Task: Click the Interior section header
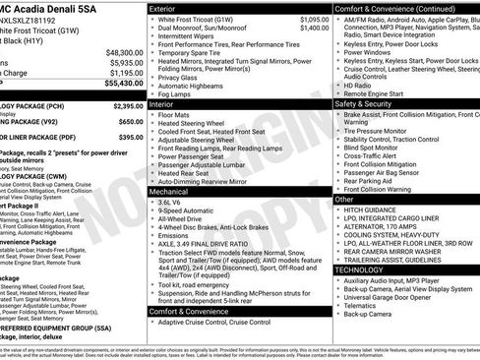pyautogui.click(x=160, y=102)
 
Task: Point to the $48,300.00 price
pyautogui.click(x=125, y=52)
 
